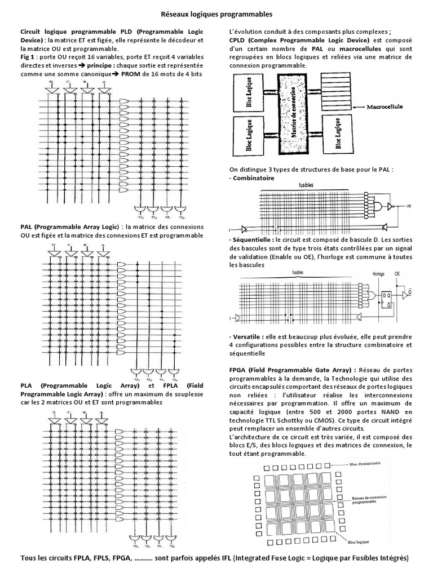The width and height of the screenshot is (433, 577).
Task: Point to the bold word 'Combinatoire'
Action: coord(254,178)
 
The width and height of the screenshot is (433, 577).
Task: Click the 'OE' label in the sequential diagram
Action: coord(397,276)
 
